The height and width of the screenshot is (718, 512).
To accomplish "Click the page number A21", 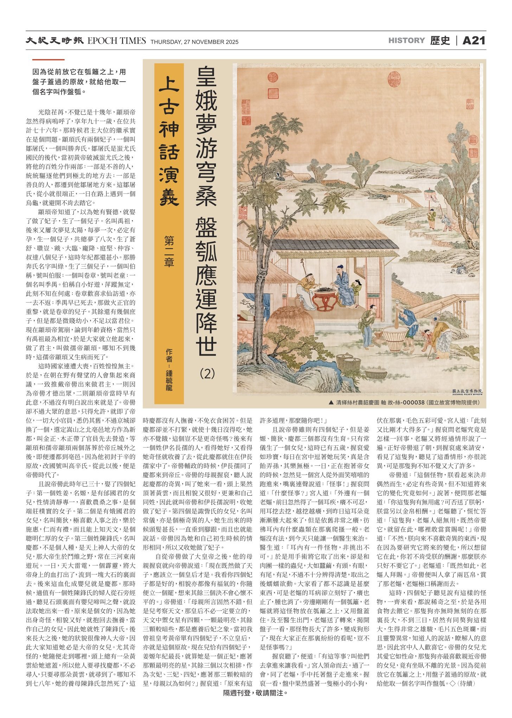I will (474, 41).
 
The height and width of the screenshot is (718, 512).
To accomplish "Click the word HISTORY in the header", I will (407, 40).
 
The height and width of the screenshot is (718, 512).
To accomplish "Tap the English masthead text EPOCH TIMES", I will (116, 41).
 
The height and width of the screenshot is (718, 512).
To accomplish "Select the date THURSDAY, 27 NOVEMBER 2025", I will (194, 42).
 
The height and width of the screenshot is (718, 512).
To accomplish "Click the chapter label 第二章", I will (169, 251).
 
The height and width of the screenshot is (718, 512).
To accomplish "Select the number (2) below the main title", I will (207, 373).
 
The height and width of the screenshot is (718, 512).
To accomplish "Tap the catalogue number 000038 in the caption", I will (413, 402).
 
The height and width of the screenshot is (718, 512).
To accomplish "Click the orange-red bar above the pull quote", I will (48, 60).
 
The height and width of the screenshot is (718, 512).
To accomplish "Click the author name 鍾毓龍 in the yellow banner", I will (169, 380).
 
